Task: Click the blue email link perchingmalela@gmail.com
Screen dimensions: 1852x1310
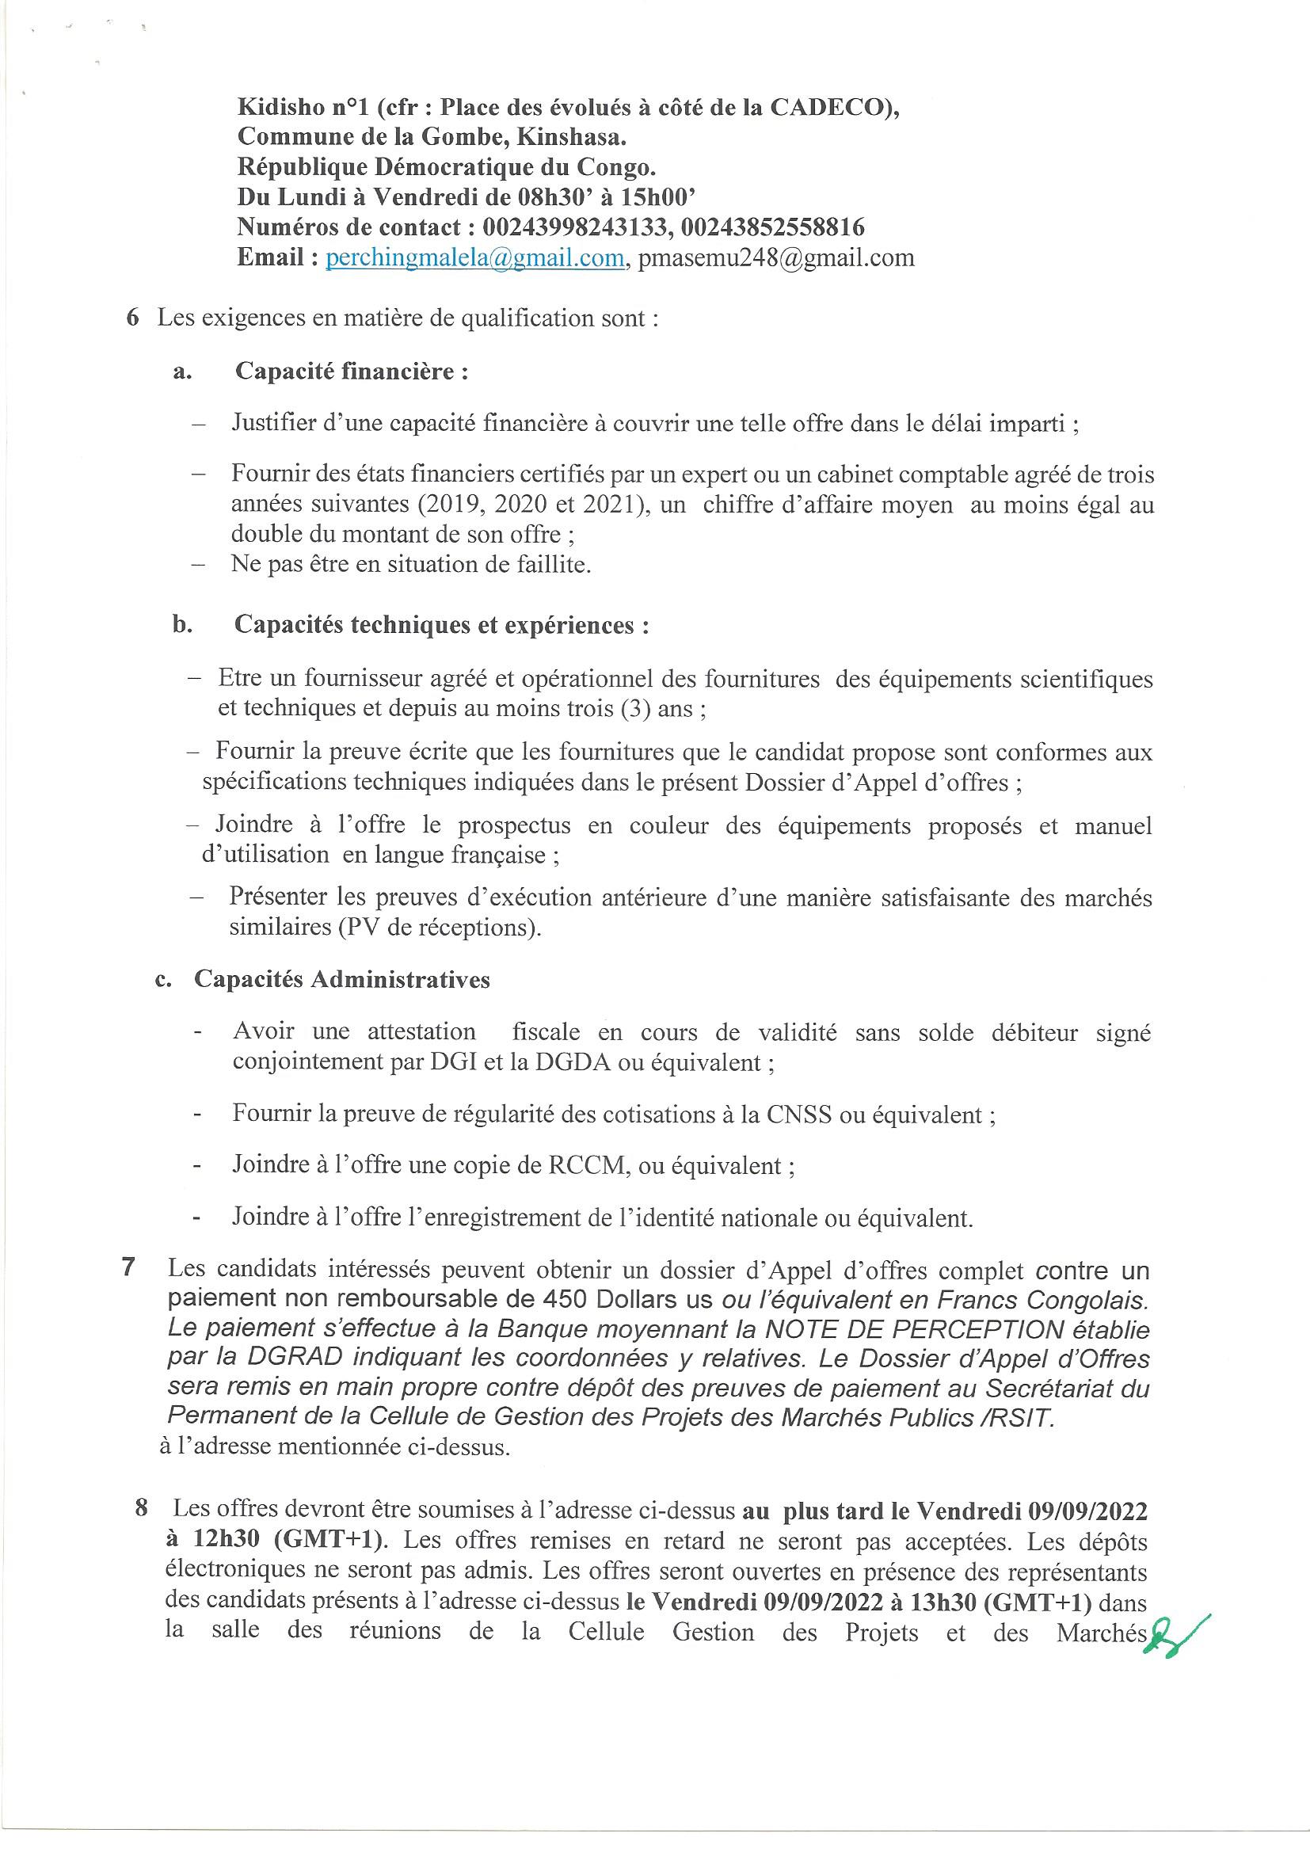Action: [x=475, y=258]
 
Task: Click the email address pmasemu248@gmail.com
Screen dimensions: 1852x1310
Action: [x=776, y=258]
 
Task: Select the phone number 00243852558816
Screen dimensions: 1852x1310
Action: [x=772, y=227]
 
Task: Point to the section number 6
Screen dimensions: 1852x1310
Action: [x=132, y=318]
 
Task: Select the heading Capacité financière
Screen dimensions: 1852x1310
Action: [x=352, y=372]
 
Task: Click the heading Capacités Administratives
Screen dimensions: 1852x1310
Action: [x=342, y=979]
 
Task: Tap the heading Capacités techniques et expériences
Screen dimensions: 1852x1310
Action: [x=441, y=625]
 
